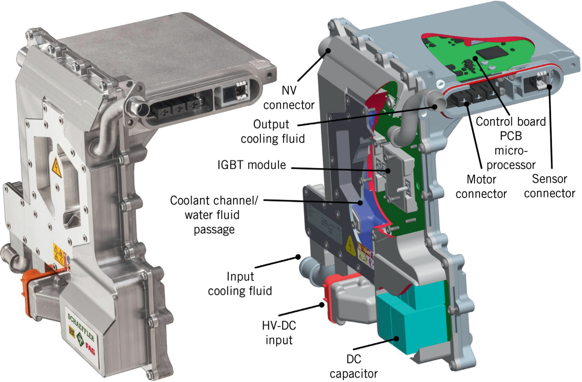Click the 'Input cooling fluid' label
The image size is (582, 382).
(x=240, y=283)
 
